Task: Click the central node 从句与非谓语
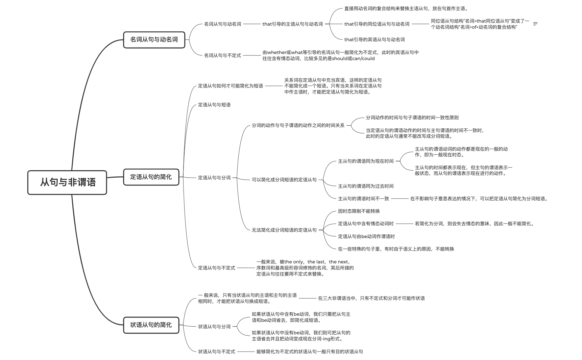click(x=67, y=182)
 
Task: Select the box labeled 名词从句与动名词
click(x=154, y=40)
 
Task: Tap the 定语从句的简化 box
click(x=151, y=177)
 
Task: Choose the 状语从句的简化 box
click(x=151, y=325)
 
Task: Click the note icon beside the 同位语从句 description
click(x=535, y=24)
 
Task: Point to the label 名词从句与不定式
click(x=222, y=55)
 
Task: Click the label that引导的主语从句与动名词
click(x=292, y=24)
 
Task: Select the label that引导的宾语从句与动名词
click(x=374, y=40)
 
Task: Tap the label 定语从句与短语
click(x=214, y=105)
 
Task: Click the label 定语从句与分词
click(x=214, y=178)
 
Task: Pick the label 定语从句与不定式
click(x=216, y=268)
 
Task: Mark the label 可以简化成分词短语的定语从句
click(x=284, y=180)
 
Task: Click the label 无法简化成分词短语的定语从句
click(x=284, y=230)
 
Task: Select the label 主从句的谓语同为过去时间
click(x=366, y=186)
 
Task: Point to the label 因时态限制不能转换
click(x=359, y=211)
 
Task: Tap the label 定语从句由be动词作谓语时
click(x=366, y=236)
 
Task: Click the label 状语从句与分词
click(x=214, y=327)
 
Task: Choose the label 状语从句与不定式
click(x=216, y=352)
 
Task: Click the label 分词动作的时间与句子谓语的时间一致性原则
click(x=412, y=118)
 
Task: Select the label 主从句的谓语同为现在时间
click(x=366, y=161)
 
